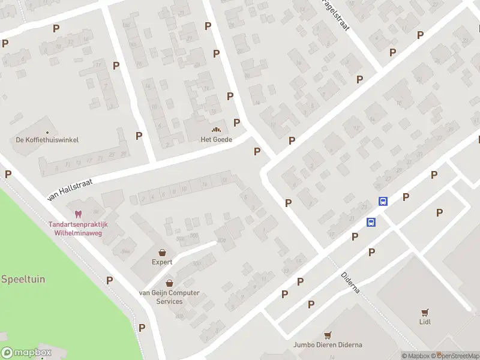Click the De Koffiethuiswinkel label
(x=47, y=140)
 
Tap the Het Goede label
(x=216, y=139)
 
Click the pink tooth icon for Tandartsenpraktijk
(x=77, y=214)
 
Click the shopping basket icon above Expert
(x=162, y=253)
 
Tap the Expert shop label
(x=162, y=262)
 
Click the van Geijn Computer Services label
(x=169, y=297)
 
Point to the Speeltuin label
(x=23, y=279)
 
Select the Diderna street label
(x=350, y=281)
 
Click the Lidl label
(x=425, y=322)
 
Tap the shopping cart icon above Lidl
(x=425, y=312)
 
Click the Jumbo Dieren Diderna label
(x=328, y=345)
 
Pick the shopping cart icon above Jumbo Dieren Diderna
(x=328, y=335)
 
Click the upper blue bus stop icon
(x=383, y=202)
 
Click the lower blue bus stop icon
(x=371, y=222)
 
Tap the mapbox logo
(x=26, y=353)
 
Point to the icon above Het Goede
(x=216, y=130)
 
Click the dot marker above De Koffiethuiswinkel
(x=47, y=132)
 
